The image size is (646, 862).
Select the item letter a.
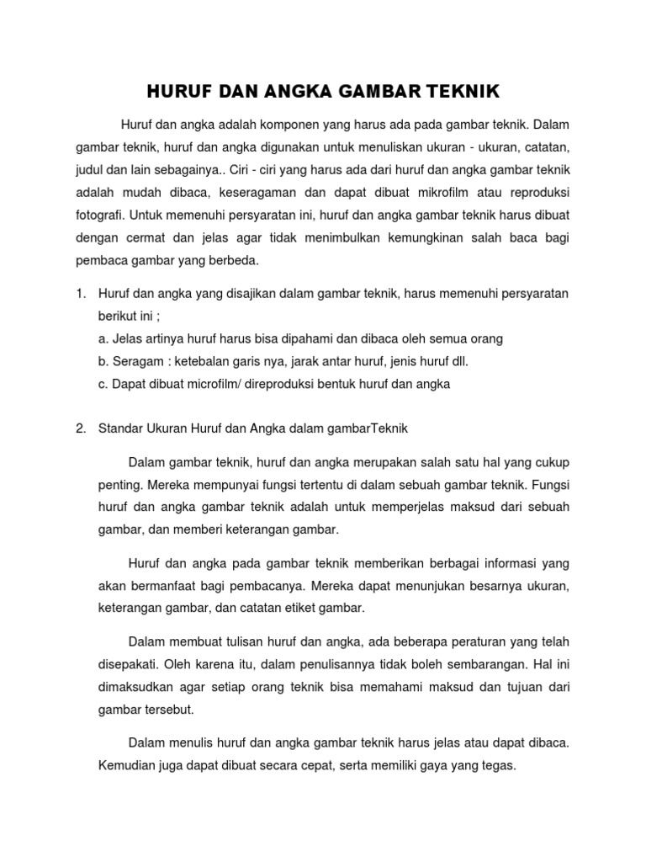point(103,338)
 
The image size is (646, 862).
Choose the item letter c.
point(103,384)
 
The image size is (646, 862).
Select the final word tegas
point(496,766)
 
